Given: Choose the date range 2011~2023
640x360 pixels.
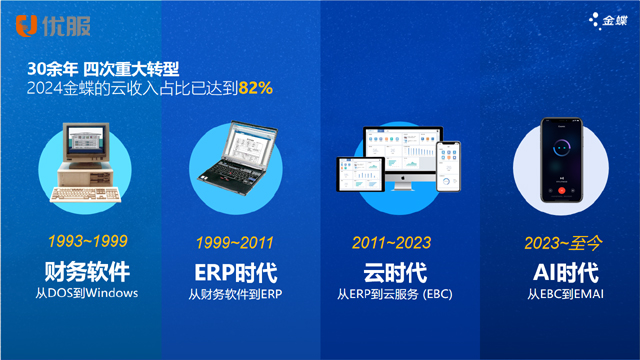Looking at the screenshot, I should (x=391, y=242).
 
